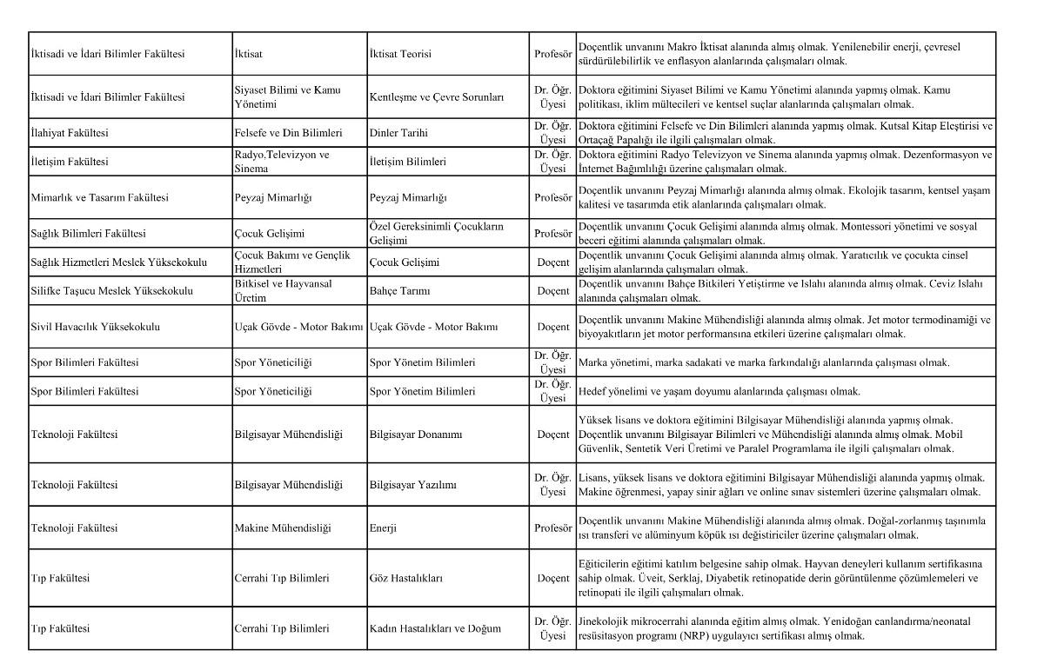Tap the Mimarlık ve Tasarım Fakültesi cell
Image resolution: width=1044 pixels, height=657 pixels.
pos(99,198)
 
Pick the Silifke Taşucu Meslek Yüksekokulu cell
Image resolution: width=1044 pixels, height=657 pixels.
pos(111,290)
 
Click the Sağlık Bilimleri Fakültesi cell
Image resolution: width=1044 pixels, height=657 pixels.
pos(88,234)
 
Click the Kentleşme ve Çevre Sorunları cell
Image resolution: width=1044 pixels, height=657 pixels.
pos(437,98)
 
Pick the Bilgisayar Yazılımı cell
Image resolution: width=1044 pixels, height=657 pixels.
pos(413,485)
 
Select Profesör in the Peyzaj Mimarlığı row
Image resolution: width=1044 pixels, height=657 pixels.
pos(553,198)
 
